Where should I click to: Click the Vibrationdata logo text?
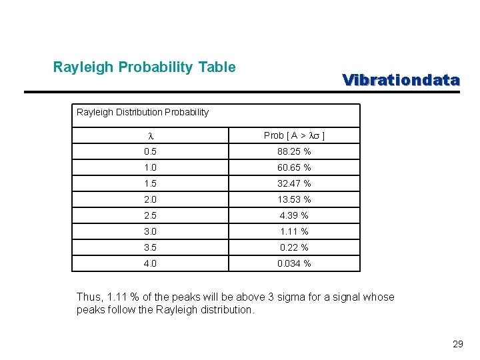[x=401, y=80]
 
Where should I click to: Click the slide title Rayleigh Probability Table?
[x=144, y=67]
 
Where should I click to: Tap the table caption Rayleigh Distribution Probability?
[x=143, y=112]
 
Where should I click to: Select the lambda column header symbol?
[x=149, y=136]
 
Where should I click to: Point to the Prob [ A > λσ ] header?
[x=294, y=136]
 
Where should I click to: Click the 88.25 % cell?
[x=294, y=152]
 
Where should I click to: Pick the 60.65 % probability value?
[x=294, y=168]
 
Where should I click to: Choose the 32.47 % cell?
[x=294, y=184]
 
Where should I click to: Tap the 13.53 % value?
[x=294, y=200]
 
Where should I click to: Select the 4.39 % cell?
[x=294, y=216]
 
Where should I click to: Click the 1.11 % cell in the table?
[x=294, y=232]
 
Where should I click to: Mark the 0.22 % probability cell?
[x=294, y=248]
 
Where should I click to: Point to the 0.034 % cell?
[x=294, y=264]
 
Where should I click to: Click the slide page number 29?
[x=457, y=345]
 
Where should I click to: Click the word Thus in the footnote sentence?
[x=89, y=297]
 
